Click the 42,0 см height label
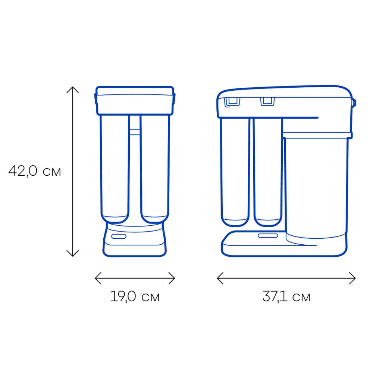point(35,171)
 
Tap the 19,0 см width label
point(135,297)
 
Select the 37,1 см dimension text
point(286,297)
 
